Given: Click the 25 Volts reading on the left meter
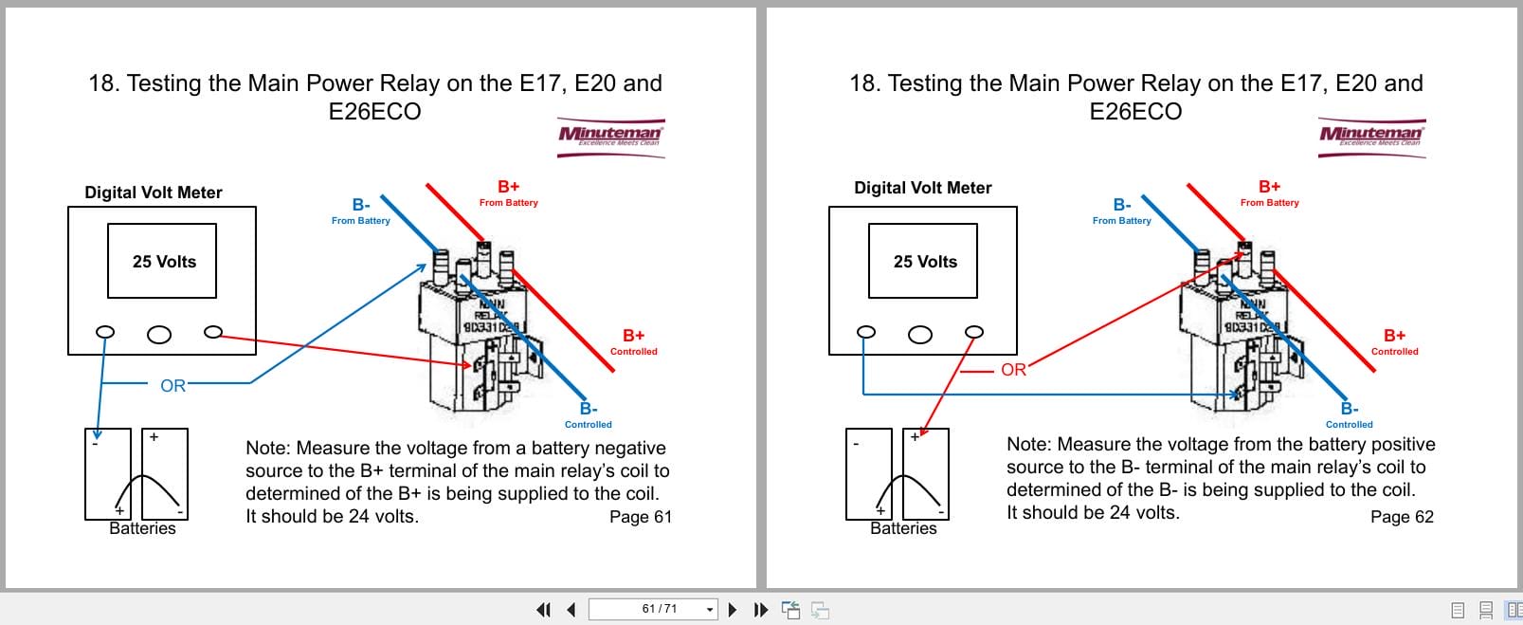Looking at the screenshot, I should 164,262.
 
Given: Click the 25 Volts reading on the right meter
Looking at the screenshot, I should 925,262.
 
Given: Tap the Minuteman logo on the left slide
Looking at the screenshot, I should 610,136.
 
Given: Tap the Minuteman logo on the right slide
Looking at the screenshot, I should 1371,136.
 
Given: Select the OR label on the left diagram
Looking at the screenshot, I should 172,386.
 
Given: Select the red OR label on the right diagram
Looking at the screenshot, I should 1013,370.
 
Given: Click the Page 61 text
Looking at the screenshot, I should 640,517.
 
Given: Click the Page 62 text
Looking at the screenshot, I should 1402,517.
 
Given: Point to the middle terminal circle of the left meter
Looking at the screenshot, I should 159,334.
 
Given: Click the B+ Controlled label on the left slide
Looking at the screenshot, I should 633,341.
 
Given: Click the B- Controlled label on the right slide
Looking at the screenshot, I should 1349,415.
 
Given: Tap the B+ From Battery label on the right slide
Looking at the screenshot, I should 1269,193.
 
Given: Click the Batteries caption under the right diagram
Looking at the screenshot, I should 903,528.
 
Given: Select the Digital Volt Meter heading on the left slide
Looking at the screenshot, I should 154,193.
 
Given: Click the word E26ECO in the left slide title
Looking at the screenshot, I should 374,112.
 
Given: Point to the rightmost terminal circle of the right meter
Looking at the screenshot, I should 973,332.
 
